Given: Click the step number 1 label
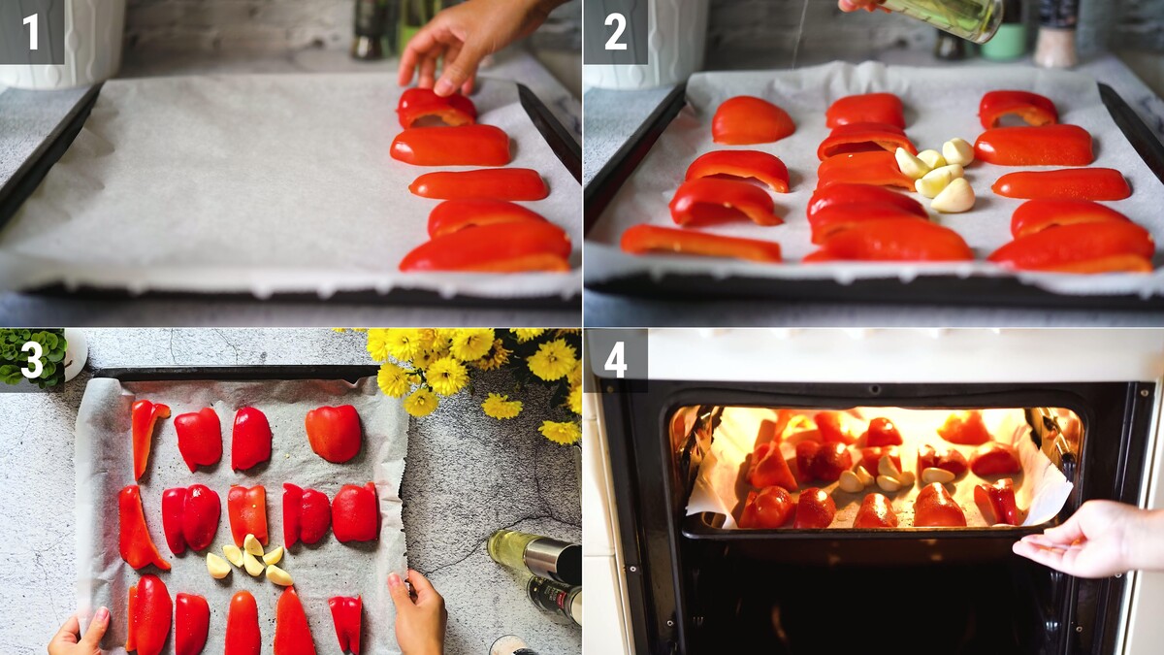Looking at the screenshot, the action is pos(31,31).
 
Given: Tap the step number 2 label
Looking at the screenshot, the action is pos(616,31).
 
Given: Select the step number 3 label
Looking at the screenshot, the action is pos(31,360).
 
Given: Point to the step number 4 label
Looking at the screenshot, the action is pos(616,360).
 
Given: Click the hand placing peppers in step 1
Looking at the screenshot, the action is pos(468,45).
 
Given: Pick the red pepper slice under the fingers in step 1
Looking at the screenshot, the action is pos(436,108).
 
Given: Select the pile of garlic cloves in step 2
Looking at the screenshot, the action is pos(935,174).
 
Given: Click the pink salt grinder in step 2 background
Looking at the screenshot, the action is pos(1055,34).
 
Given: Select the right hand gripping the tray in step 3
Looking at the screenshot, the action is pos(418,610).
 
